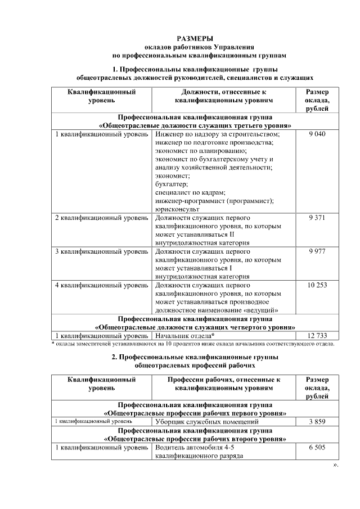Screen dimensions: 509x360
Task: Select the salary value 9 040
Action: [317, 134]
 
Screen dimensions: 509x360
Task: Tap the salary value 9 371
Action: [317, 218]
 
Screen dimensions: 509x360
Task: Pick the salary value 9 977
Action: [317, 251]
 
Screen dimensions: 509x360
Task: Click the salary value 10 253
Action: [317, 285]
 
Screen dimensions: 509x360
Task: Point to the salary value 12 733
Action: [317, 335]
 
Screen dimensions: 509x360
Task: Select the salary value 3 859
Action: [317, 421]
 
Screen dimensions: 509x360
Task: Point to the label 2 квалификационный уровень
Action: [101, 218]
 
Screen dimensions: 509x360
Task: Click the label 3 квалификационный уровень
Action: [101, 251]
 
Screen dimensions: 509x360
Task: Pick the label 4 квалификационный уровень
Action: [101, 285]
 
